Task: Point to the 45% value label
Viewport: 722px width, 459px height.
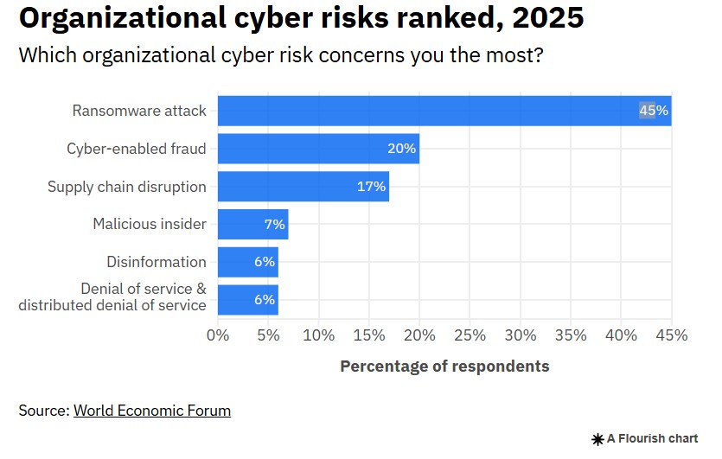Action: [x=654, y=111]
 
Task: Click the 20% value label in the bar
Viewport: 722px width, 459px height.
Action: [x=402, y=149]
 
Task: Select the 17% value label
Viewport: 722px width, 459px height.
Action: [x=372, y=187]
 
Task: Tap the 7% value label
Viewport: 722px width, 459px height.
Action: [x=274, y=224]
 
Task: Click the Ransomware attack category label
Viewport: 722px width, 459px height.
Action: [x=139, y=111]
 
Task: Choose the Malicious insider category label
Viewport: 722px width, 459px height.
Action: [x=150, y=224]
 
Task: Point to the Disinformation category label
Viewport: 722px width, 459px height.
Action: [x=157, y=262]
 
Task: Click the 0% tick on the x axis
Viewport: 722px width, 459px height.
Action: [x=218, y=335]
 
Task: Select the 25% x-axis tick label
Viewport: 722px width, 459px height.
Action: [x=470, y=335]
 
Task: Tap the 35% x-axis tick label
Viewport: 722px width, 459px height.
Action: [x=571, y=335]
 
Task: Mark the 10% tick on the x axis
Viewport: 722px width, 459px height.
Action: [x=318, y=335]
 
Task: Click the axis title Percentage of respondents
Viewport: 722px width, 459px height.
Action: [x=444, y=366]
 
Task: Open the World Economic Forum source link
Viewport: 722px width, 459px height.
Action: [x=152, y=411]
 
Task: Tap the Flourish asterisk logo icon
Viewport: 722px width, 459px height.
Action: [x=597, y=439]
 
